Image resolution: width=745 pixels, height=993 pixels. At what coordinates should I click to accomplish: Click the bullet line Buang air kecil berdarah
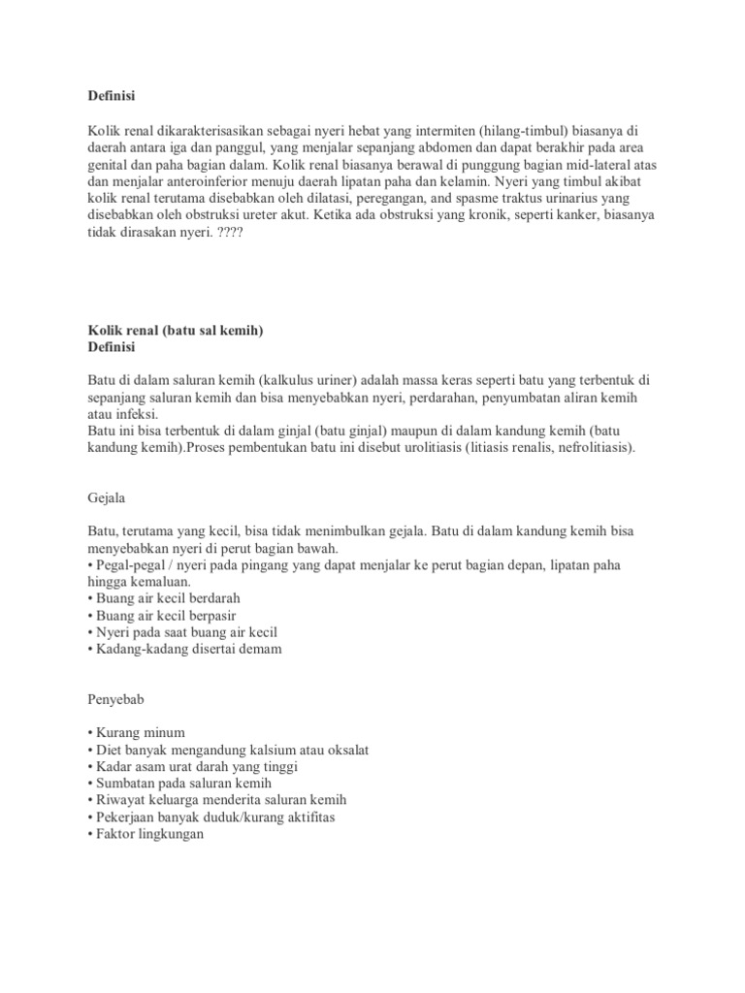(163, 597)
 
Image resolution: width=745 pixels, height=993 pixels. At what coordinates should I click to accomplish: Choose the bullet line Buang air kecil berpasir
(161, 615)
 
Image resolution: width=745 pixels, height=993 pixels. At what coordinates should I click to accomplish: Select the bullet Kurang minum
(135, 732)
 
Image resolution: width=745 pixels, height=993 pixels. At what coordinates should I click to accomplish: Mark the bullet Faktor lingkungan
(145, 834)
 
